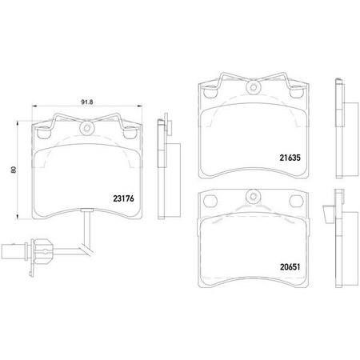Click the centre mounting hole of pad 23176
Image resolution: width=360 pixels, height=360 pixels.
pos(86,127)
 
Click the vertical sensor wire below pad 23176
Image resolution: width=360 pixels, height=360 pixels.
pos(86,232)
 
